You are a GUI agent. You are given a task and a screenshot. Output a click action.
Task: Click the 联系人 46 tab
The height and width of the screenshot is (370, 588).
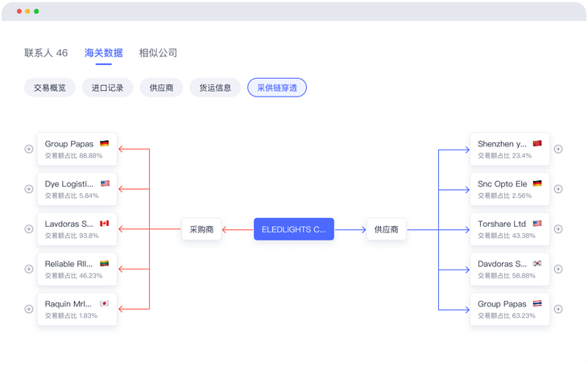click(x=46, y=53)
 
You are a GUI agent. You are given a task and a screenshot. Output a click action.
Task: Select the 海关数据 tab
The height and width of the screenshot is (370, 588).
click(x=104, y=53)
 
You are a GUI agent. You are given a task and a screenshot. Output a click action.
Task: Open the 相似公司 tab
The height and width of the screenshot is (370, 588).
click(x=158, y=53)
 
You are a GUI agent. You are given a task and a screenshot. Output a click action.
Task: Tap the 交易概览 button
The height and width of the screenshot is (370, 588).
click(x=50, y=88)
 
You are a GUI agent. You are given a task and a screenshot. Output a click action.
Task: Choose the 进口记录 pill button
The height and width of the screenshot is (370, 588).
click(x=107, y=88)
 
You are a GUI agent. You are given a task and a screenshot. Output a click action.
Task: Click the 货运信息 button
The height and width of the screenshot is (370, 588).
click(x=215, y=88)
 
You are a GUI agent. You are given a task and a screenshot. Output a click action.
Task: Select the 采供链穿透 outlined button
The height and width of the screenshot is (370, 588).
click(x=277, y=88)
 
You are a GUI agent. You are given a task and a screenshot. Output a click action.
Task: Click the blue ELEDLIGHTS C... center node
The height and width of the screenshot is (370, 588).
click(x=294, y=229)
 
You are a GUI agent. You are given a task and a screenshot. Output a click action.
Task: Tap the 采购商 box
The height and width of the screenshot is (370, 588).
click(x=201, y=229)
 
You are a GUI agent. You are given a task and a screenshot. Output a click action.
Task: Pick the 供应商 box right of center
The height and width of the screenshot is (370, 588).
click(x=386, y=229)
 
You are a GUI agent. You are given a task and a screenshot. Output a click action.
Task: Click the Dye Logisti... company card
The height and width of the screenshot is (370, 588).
click(x=77, y=189)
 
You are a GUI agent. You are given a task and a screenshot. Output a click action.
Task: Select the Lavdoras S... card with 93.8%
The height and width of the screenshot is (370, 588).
click(x=77, y=229)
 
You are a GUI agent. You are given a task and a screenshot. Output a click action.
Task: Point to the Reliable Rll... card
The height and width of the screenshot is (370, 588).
click(x=77, y=269)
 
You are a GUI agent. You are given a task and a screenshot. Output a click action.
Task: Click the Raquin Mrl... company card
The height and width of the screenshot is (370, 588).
click(x=77, y=309)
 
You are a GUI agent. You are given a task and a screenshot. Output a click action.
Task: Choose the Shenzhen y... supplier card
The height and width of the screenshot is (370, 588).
click(x=510, y=149)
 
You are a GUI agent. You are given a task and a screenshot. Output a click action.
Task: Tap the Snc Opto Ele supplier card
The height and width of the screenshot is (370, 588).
click(x=510, y=189)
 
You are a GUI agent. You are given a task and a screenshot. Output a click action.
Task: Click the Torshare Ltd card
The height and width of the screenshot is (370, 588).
click(x=510, y=229)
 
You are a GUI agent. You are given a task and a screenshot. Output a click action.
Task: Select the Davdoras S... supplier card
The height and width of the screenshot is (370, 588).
click(x=510, y=269)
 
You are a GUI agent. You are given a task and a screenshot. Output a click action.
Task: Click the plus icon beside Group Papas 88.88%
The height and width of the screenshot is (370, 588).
click(x=29, y=149)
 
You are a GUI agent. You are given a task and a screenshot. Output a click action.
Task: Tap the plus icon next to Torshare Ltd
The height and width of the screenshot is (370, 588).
click(x=558, y=229)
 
